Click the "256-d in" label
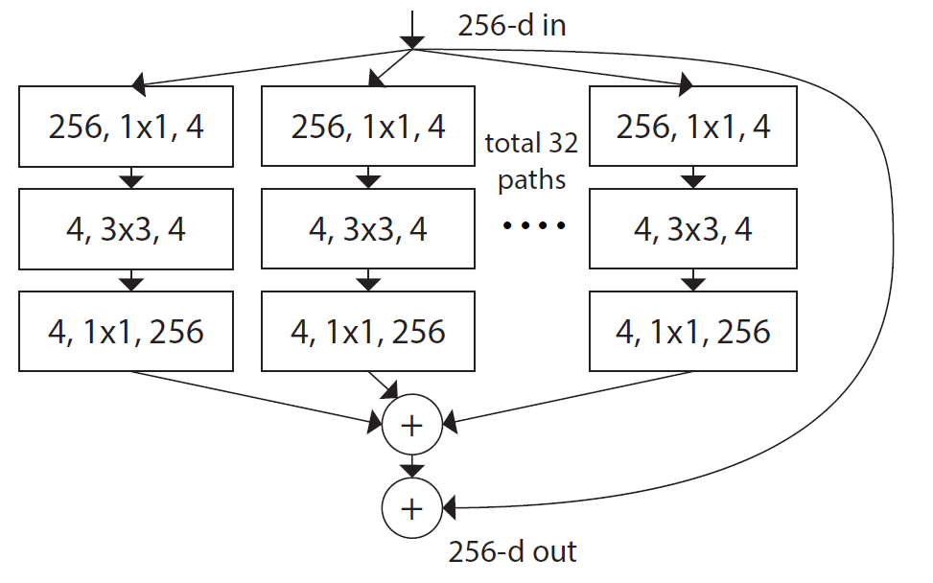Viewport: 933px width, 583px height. coord(512,25)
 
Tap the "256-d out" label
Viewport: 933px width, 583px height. coord(513,551)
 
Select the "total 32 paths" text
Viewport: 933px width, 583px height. coord(531,161)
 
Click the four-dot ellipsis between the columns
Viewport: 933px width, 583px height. coord(531,226)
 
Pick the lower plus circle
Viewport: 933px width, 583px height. coord(411,508)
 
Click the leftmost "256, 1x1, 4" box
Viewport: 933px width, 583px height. coord(126,127)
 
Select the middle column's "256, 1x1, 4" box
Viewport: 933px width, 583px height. coord(367,127)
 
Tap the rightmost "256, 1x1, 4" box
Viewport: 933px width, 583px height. coord(693,127)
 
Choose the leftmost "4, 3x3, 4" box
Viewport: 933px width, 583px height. coord(126,230)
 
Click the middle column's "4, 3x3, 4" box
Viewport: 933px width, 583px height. coord(367,230)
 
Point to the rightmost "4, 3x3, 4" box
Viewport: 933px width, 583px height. coord(693,230)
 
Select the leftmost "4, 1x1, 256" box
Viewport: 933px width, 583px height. coord(126,332)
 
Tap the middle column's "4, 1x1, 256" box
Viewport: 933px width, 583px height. coord(367,332)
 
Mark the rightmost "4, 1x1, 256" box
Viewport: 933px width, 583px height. coord(693,332)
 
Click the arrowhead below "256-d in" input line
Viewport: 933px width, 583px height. coord(411,41)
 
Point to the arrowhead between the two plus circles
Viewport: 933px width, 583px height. coord(411,470)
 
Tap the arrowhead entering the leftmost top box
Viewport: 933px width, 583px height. coord(139,84)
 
